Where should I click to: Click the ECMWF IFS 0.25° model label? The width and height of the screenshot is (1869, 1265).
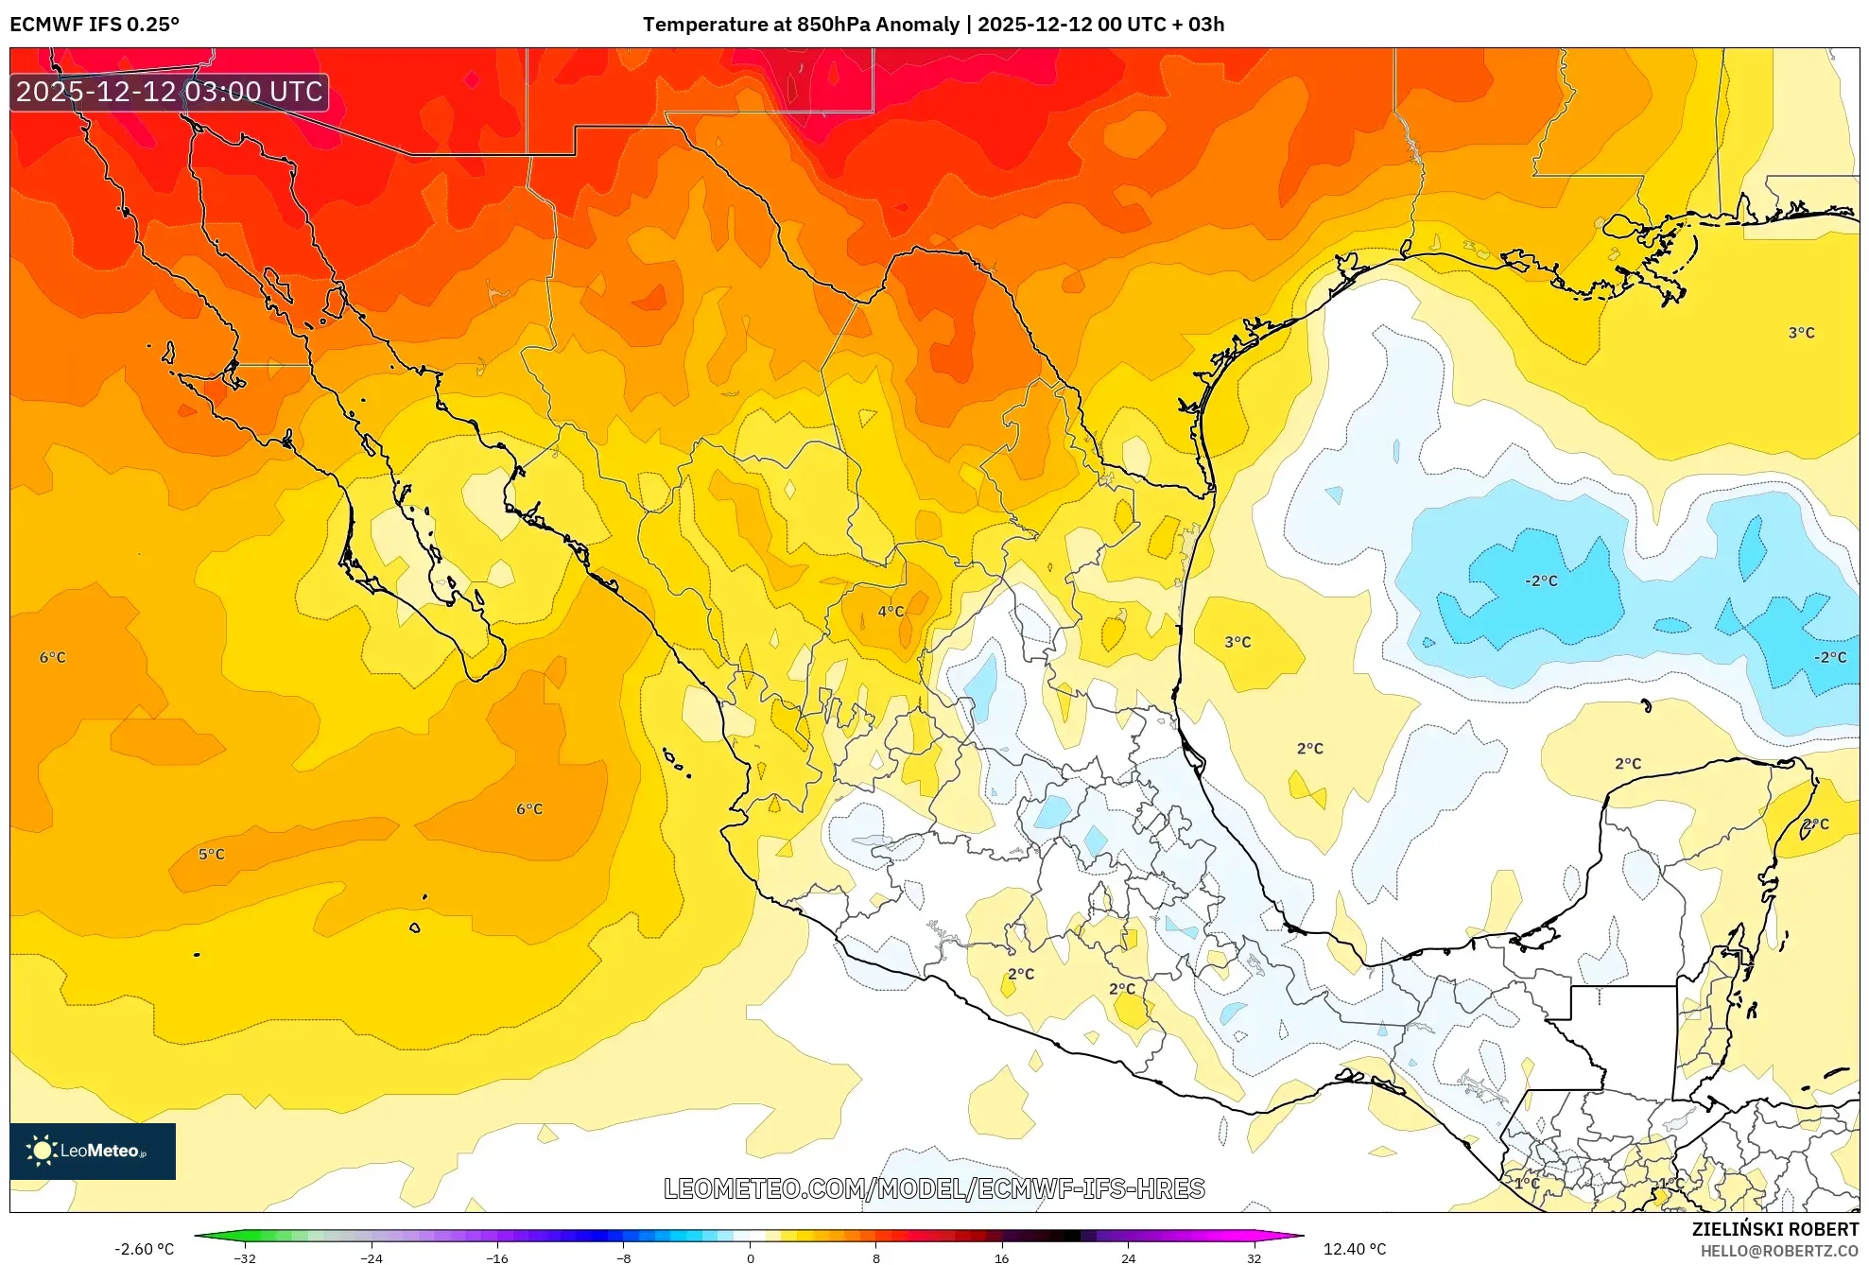[x=95, y=25]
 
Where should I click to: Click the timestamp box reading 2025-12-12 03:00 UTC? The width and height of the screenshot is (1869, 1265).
[x=170, y=92]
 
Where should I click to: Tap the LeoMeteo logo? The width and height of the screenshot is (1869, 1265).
[x=92, y=1151]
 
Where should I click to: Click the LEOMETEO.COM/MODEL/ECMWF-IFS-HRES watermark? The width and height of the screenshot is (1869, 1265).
[x=934, y=1188]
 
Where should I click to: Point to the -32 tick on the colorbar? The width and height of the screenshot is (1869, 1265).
[x=245, y=1257]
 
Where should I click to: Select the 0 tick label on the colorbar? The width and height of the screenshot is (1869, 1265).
[x=750, y=1257]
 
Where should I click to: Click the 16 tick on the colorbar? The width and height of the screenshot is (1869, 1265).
[x=1001, y=1257]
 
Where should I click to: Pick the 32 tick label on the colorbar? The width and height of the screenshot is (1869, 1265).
[x=1254, y=1257]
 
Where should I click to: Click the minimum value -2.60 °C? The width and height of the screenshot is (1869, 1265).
[x=144, y=1249]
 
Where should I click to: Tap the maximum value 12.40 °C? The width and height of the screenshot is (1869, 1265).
[x=1354, y=1249]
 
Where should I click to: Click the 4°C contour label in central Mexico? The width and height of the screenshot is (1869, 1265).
[x=891, y=612]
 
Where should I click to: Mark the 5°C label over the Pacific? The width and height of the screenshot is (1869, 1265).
[x=212, y=855]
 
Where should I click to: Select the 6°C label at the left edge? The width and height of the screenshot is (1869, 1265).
[x=53, y=658]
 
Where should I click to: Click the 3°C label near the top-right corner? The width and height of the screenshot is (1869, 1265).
[x=1801, y=333]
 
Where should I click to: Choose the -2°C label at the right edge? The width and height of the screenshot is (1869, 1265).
[x=1829, y=657]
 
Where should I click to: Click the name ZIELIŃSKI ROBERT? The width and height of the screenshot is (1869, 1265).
[x=1774, y=1229]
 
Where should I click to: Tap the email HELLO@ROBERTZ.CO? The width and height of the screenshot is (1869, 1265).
[x=1779, y=1251]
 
